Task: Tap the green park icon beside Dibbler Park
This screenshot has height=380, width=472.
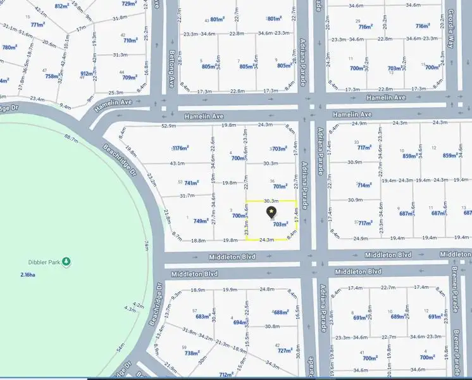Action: pos(66,262)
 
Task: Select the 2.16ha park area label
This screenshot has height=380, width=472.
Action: pos(28,275)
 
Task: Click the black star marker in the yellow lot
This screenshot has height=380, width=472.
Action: pos(271,211)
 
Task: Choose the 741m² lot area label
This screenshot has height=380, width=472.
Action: pos(192,182)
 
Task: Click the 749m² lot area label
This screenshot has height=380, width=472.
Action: pos(201,221)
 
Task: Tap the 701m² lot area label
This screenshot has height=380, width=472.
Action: pos(280,187)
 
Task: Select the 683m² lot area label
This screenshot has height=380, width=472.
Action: pos(203,316)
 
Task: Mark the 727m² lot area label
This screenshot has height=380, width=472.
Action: pos(285,351)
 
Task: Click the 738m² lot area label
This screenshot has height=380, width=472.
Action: pos(192,353)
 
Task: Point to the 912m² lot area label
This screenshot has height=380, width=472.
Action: pos(87,73)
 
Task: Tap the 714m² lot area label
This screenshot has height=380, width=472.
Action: pos(364,186)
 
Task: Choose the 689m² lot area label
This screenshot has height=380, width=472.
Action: pos(397,317)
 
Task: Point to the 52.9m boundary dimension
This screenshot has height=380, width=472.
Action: pos(169,126)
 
